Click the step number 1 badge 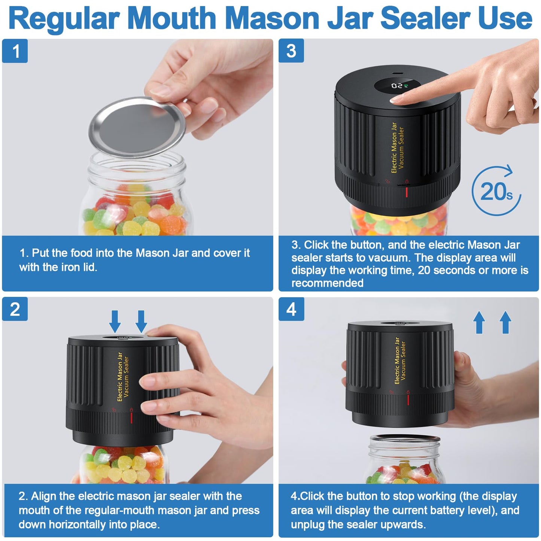click(15, 51)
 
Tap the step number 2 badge click(15, 309)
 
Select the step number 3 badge click(291, 51)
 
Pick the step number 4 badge click(291, 309)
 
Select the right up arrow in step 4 click(505, 322)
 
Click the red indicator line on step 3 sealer click(407, 192)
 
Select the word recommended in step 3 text click(327, 283)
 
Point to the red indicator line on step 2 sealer click(131, 418)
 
